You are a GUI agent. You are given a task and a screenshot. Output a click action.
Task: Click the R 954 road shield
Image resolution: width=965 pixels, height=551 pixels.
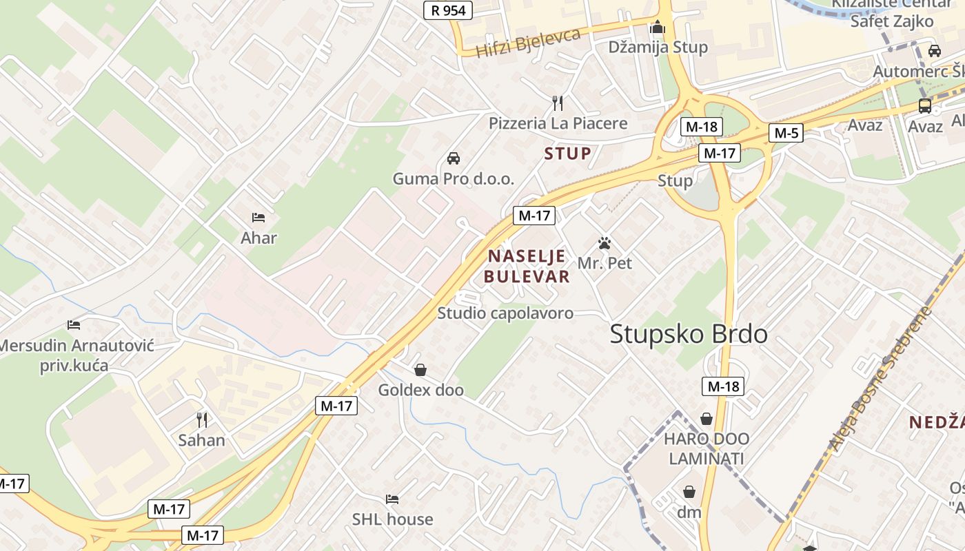pyautogui.click(x=448, y=10)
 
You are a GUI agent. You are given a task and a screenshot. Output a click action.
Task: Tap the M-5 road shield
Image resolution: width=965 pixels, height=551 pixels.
pyautogui.click(x=786, y=133)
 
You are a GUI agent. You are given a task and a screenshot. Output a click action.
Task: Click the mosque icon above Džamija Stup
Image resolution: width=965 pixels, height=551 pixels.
pyautogui.click(x=658, y=28)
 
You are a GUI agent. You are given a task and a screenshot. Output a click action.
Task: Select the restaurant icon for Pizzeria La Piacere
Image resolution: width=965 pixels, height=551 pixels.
pyautogui.click(x=558, y=103)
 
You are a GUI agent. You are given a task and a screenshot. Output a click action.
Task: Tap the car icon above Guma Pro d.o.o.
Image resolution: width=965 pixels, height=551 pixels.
pyautogui.click(x=454, y=158)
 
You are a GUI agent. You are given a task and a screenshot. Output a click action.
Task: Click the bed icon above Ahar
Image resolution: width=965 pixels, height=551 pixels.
pyautogui.click(x=258, y=218)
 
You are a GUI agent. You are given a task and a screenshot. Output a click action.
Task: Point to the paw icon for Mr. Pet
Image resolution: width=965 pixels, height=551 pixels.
pyautogui.click(x=605, y=243)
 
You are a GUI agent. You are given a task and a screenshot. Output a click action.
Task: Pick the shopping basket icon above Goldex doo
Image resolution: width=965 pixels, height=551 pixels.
pyautogui.click(x=420, y=371)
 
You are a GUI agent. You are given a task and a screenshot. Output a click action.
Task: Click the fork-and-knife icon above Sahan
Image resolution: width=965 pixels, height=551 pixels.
pyautogui.click(x=202, y=419)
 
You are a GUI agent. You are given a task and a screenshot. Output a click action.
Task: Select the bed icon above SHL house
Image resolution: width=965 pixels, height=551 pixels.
pyautogui.click(x=392, y=499)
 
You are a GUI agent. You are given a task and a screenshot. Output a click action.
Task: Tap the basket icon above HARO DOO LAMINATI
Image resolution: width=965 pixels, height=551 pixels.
pyautogui.click(x=707, y=419)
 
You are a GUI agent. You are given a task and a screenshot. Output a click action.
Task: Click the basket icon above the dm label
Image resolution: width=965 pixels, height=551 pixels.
pyautogui.click(x=689, y=492)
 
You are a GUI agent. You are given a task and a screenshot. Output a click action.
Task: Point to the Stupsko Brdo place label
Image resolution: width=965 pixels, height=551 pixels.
pyautogui.click(x=689, y=335)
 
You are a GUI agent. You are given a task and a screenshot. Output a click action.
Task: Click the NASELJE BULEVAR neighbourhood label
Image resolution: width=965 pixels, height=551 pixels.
pyautogui.click(x=527, y=267)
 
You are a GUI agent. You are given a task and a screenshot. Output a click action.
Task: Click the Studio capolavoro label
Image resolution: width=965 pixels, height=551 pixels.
pyautogui.click(x=505, y=313)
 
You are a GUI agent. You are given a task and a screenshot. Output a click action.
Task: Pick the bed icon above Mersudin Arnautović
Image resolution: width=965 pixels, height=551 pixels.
pyautogui.click(x=74, y=325)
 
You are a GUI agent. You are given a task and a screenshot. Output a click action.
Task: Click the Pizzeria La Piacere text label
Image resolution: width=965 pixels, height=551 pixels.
pyautogui.click(x=558, y=123)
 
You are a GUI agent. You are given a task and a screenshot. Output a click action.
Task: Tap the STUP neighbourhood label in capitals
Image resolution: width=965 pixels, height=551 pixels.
pyautogui.click(x=567, y=154)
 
